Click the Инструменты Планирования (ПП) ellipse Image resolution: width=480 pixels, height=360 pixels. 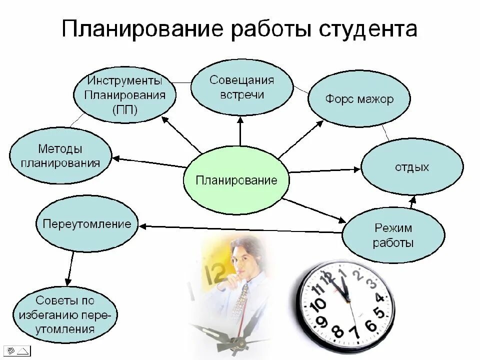coord(124,95)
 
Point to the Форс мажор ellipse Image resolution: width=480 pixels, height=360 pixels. coord(359,99)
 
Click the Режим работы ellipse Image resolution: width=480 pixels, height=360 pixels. coord(393,235)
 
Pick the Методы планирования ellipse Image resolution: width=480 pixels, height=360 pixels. coord(60,155)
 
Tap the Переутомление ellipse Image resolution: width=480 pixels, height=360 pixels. coord(87,223)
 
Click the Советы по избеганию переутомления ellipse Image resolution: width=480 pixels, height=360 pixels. coord(64,314)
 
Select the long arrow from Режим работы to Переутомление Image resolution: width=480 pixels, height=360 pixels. coord(240,229)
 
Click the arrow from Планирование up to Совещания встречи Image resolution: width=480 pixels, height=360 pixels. coord(240,132)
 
